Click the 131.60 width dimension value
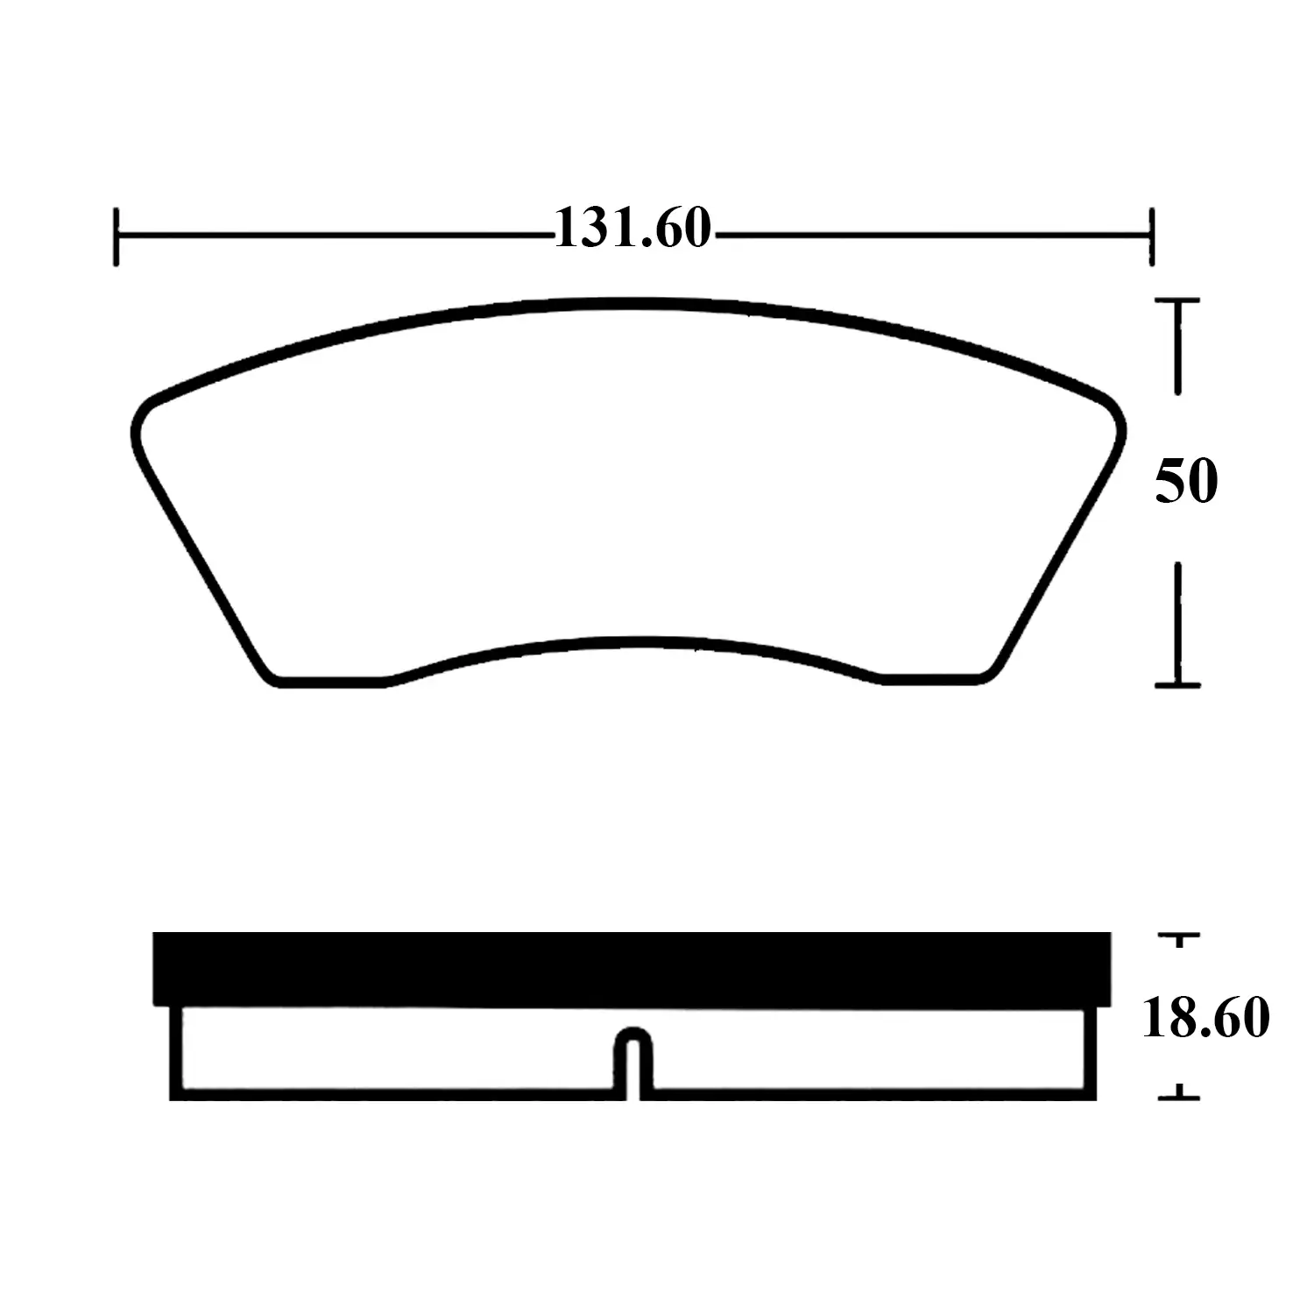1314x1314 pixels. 632,229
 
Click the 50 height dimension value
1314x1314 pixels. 1186,481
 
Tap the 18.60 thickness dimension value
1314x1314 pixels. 1205,1018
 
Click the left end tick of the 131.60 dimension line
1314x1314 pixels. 116,236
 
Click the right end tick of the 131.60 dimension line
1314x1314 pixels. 1151,236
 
